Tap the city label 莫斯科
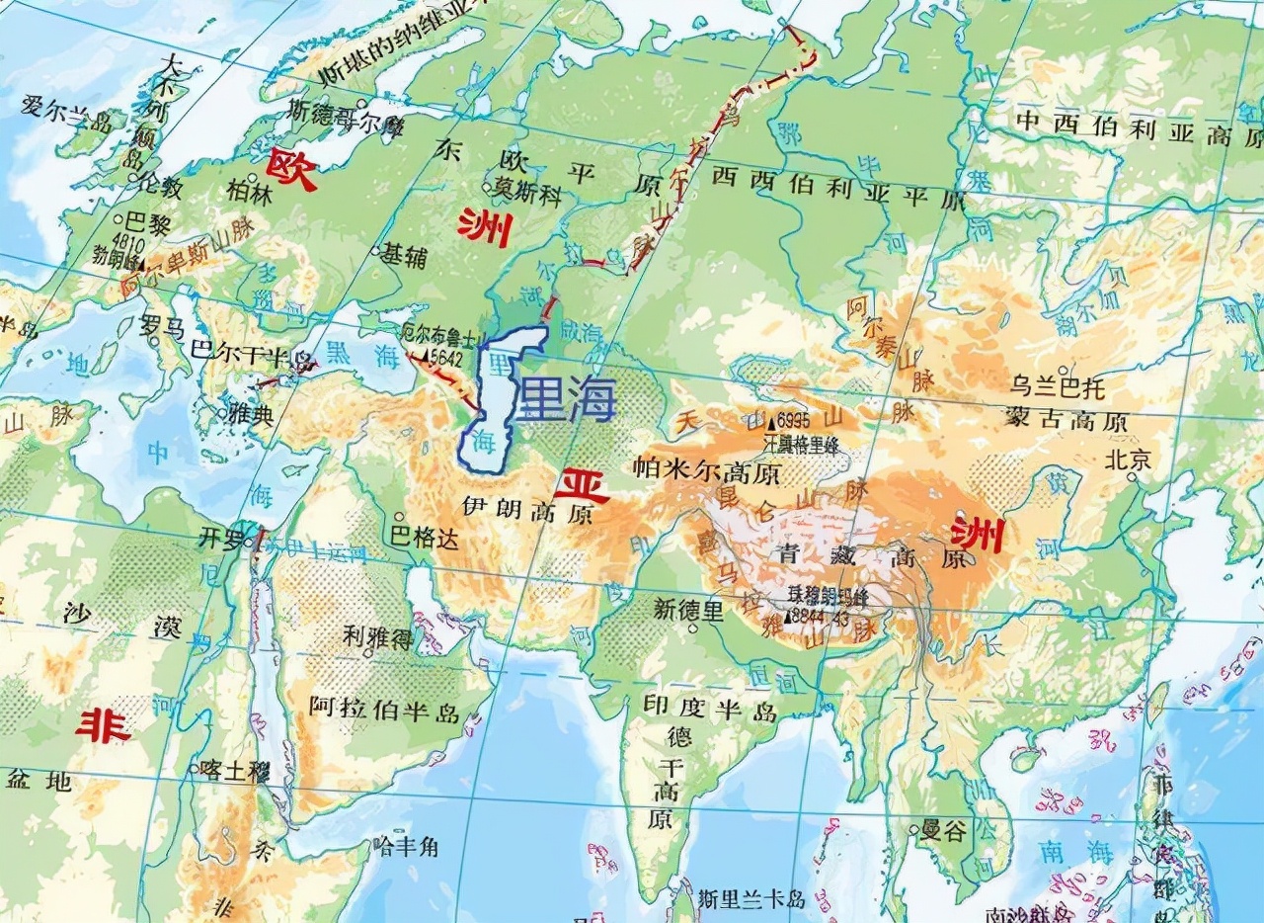pyautogui.click(x=529, y=194)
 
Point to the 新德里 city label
pyautogui.click(x=688, y=609)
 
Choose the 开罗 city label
pyautogui.click(x=220, y=539)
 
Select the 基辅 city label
pyautogui.click(x=404, y=256)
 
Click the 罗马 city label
pyautogui.click(x=162, y=327)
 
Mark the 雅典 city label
pyautogui.click(x=250, y=415)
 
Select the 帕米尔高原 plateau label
pyautogui.click(x=706, y=472)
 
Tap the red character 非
pyautogui.click(x=103, y=727)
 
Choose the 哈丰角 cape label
pyautogui.click(x=407, y=846)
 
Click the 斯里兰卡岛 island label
pyautogui.click(x=751, y=899)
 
